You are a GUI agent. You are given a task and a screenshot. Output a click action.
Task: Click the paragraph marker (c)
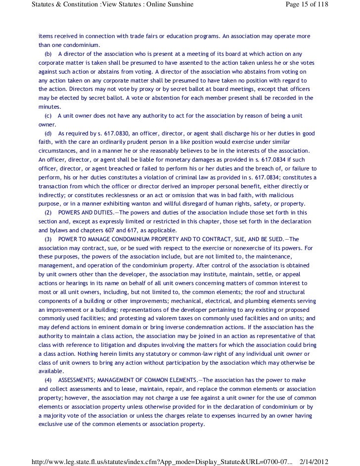[x=48, y=116]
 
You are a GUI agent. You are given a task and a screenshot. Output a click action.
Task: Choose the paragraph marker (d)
[x=48, y=133]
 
